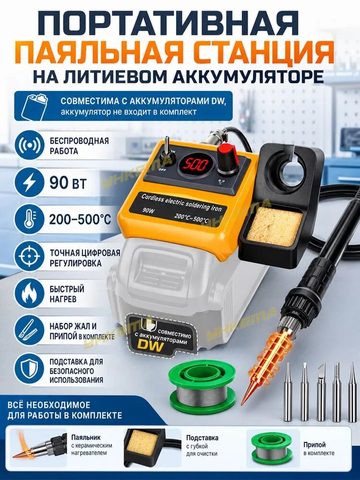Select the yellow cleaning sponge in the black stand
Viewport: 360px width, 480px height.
[x=274, y=226]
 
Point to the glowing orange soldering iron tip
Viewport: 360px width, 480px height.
[x=257, y=373]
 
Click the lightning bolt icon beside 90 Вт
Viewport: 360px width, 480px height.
[x=29, y=182]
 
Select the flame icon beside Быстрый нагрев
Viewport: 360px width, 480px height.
[x=29, y=293]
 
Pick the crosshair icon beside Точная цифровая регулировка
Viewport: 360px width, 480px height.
[x=29, y=256]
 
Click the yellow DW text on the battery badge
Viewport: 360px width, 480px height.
[x=151, y=344]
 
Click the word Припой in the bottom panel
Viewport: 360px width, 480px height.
[x=314, y=445]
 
